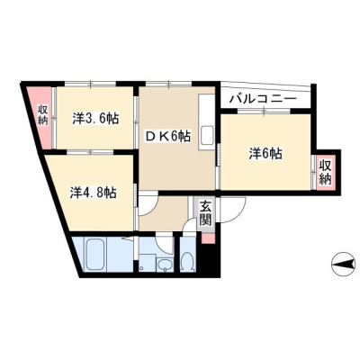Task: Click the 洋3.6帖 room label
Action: coord(95,119)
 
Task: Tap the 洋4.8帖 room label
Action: coord(94,193)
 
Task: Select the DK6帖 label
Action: coord(168,137)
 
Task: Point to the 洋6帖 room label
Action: coord(265,154)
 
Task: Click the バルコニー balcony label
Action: coord(263,98)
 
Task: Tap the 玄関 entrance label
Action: coord(206,212)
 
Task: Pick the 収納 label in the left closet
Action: coord(42,115)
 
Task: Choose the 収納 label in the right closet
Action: coord(325,173)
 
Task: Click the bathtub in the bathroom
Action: coord(95,254)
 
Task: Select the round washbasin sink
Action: coord(165,265)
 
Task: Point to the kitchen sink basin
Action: coord(207,135)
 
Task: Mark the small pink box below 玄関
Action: coord(208,238)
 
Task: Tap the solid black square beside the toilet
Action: coord(209,258)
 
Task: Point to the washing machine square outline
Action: coord(147,263)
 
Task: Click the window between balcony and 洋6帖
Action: coord(265,111)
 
